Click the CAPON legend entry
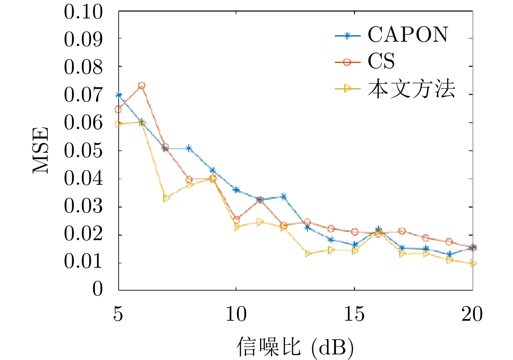tap(407, 36)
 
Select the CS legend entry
tap(381, 62)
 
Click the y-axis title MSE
tap(40, 150)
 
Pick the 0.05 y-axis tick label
tap(83, 151)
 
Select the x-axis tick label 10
tap(236, 315)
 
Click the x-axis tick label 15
tap(354, 315)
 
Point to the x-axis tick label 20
tap(472, 315)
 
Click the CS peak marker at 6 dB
tap(141, 85)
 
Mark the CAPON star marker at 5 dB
tap(119, 95)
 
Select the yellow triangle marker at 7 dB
tap(166, 198)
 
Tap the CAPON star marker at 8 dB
tap(189, 148)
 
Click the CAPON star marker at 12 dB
tap(283, 196)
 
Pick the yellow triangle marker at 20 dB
tap(473, 263)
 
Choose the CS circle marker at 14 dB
tap(331, 229)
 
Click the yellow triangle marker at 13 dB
tap(307, 253)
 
